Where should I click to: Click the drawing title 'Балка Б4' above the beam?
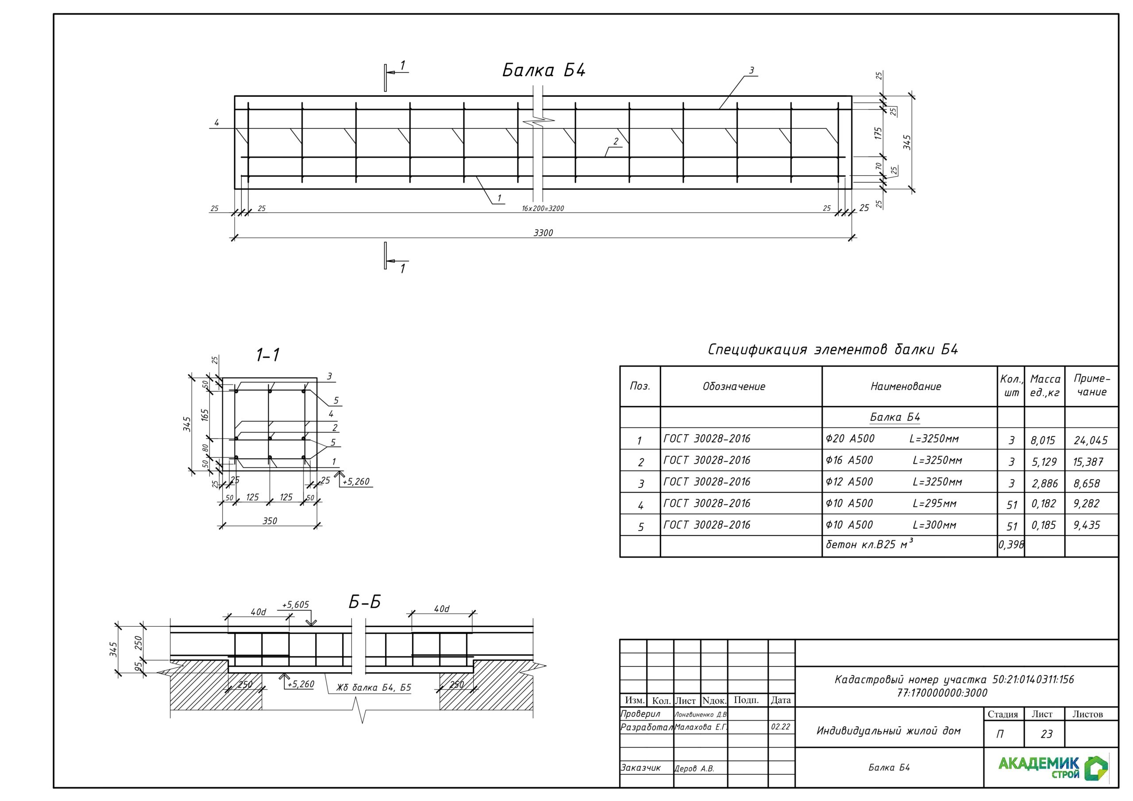point(544,70)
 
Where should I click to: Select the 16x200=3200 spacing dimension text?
point(543,209)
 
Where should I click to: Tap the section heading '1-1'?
point(268,355)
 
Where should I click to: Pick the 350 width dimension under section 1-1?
point(270,521)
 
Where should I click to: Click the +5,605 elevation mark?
point(295,605)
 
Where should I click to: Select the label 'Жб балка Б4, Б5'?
point(374,687)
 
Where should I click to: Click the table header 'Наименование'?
point(906,386)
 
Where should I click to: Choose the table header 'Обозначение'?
point(734,386)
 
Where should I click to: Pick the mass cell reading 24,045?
point(1091,440)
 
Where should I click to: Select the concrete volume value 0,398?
point(1011,545)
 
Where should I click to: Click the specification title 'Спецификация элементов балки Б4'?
point(833,350)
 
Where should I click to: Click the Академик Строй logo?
point(1053,768)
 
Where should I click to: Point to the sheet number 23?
point(1047,734)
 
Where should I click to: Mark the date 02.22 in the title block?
point(781,727)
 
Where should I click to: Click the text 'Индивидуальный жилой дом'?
point(889,731)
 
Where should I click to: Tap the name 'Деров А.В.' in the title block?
point(694,768)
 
